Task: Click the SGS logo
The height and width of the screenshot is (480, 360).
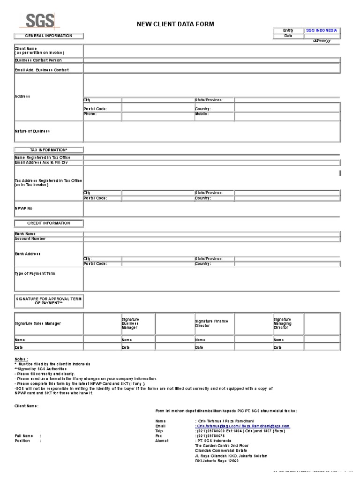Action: [40, 21]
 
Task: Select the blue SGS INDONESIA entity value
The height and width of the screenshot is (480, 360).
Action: [321, 30]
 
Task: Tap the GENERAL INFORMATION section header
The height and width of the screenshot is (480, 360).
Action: [49, 36]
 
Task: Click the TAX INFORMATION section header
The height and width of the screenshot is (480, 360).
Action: [49, 150]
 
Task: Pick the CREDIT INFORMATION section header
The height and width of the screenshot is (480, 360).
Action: [49, 223]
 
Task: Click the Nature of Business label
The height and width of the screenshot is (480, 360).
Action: [32, 131]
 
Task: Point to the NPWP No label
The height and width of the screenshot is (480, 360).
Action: [23, 208]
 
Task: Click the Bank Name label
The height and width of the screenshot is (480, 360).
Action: [25, 234]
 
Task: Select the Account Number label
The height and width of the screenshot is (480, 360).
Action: [30, 239]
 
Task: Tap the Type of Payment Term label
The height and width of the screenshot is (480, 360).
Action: [35, 273]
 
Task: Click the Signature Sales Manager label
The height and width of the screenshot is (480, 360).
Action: [37, 323]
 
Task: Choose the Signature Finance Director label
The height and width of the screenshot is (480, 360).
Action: [211, 323]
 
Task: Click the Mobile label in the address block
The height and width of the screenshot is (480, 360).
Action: [202, 114]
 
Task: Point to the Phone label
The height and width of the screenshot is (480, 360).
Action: [90, 114]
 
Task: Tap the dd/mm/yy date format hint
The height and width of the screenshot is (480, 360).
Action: [322, 41]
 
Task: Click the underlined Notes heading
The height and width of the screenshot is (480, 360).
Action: [21, 359]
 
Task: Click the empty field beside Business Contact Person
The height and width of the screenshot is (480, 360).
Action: [211, 60]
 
